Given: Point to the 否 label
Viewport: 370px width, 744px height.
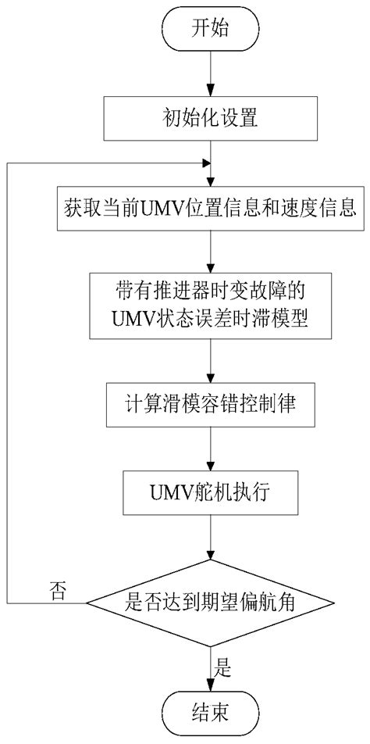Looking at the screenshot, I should tap(57, 588).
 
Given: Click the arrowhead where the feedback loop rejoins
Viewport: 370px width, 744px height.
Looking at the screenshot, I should tap(207, 163).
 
